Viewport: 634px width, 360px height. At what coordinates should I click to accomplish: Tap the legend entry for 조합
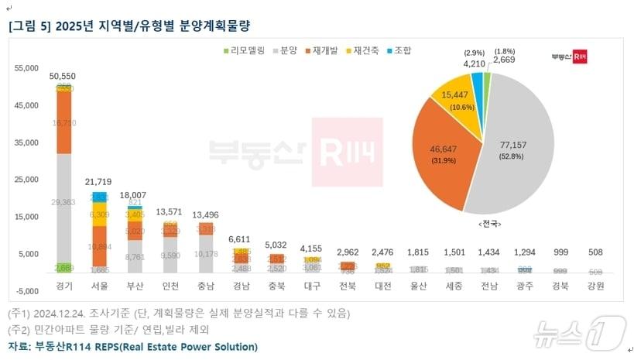pos(399,50)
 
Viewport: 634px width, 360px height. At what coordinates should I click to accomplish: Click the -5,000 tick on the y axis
pos(26,291)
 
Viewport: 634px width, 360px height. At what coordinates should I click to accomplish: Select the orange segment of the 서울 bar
pos(99,245)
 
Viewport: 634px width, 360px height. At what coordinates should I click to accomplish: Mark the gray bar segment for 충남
pos(206,252)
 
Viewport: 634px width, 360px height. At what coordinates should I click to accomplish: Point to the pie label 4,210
pos(475,64)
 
